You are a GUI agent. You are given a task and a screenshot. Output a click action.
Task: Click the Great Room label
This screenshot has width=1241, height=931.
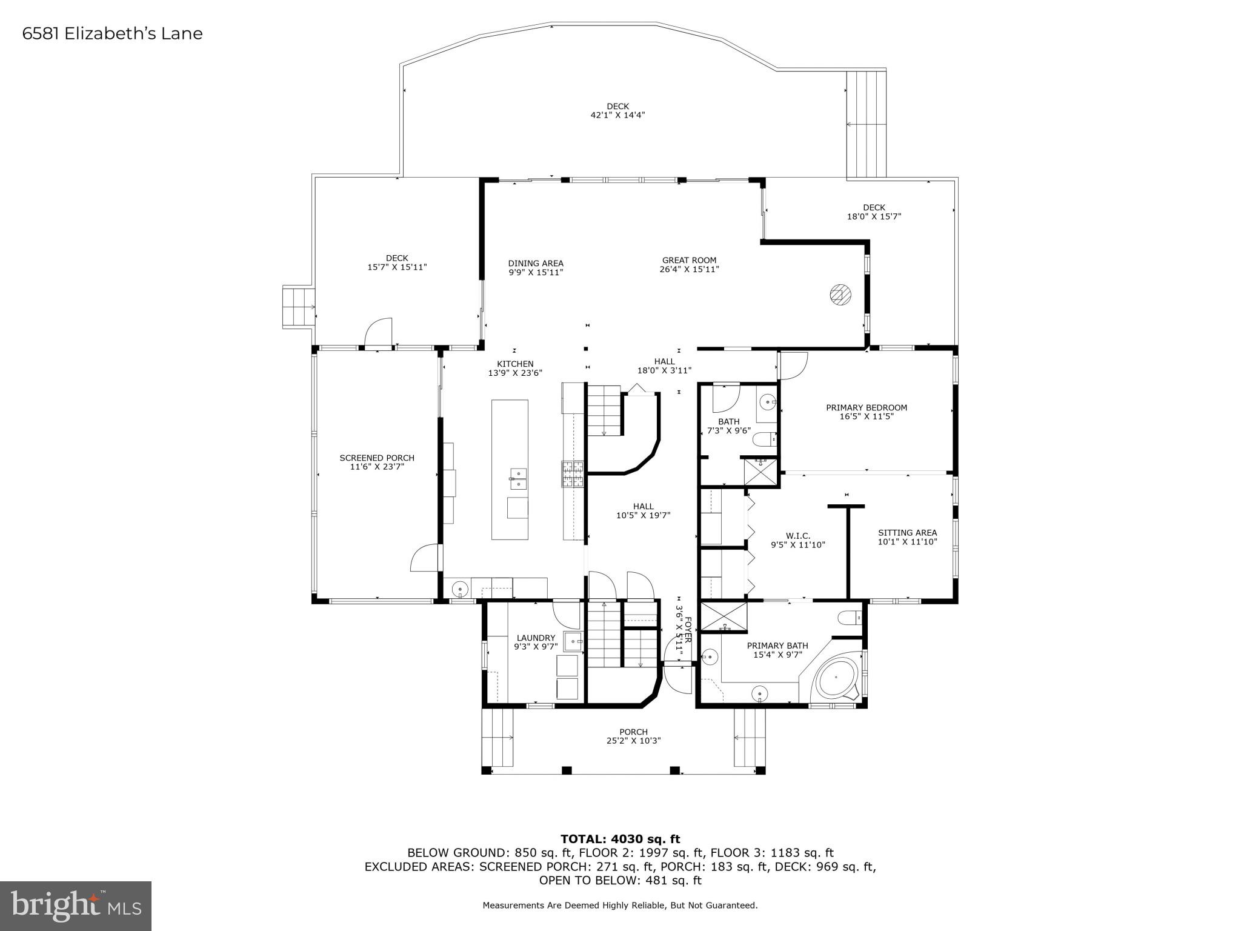(689, 261)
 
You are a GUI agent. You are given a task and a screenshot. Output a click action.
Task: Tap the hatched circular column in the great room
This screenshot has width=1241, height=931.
(840, 295)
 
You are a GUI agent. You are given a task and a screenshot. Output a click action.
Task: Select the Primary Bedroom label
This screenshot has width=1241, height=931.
(867, 408)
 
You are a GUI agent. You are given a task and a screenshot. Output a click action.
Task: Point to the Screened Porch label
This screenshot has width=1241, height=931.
(377, 458)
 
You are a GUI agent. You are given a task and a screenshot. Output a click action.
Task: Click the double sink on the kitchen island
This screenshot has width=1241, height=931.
(517, 478)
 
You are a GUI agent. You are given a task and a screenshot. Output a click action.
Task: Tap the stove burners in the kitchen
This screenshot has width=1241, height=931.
(573, 475)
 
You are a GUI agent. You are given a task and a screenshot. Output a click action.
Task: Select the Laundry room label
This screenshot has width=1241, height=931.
(536, 638)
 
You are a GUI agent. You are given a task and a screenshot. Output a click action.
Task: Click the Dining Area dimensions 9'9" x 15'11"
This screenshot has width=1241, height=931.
(536, 273)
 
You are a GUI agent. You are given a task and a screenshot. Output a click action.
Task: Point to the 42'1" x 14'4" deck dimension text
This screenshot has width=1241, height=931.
(617, 115)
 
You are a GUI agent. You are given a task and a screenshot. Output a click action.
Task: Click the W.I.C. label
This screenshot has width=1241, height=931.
(798, 536)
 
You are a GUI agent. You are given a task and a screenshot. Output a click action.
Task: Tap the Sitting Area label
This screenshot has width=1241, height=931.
(907, 533)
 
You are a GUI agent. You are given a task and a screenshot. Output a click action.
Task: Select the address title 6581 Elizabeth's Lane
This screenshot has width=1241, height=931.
(113, 33)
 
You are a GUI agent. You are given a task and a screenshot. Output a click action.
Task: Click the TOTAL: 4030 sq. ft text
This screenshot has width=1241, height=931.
(620, 839)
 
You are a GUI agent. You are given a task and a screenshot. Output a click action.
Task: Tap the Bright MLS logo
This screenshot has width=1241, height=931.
(76, 906)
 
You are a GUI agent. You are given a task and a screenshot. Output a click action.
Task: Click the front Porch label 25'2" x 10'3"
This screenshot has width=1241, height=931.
(633, 732)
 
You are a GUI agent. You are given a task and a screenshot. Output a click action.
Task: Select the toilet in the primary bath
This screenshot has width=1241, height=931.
(849, 618)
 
